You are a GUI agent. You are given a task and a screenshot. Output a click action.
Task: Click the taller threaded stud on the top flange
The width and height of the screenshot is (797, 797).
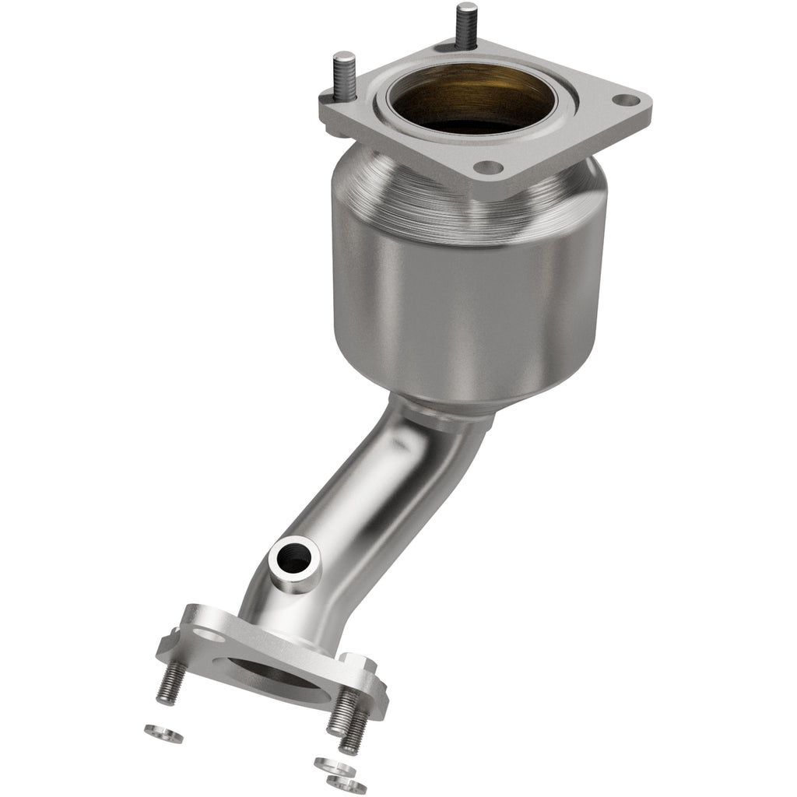(466, 23)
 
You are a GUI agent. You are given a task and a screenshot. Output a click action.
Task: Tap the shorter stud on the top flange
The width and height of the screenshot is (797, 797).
(344, 75)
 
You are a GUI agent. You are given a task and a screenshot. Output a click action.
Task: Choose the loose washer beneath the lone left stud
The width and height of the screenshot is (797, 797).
(163, 733)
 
